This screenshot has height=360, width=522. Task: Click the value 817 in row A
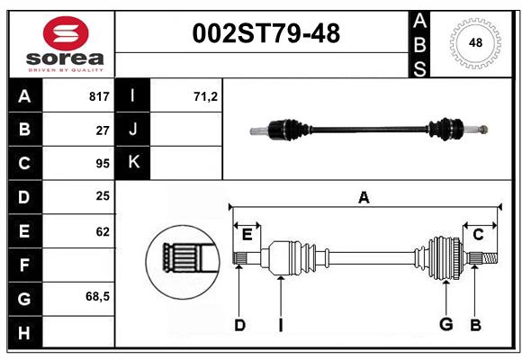98,96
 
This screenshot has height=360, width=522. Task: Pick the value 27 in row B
102,130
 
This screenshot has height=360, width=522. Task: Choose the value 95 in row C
102,163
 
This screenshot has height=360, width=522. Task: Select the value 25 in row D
102,196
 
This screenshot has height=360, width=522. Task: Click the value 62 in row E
102,230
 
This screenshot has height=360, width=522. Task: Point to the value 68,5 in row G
97,297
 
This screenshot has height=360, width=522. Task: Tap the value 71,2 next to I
205,96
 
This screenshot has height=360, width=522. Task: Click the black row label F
23,265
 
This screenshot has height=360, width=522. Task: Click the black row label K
132,163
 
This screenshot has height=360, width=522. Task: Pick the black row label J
132,130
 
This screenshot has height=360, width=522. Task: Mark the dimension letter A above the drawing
364,198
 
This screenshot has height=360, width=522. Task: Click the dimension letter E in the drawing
247,235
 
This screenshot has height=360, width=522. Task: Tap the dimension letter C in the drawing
478,235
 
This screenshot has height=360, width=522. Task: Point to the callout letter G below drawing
445,323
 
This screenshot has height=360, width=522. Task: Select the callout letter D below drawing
239,324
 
